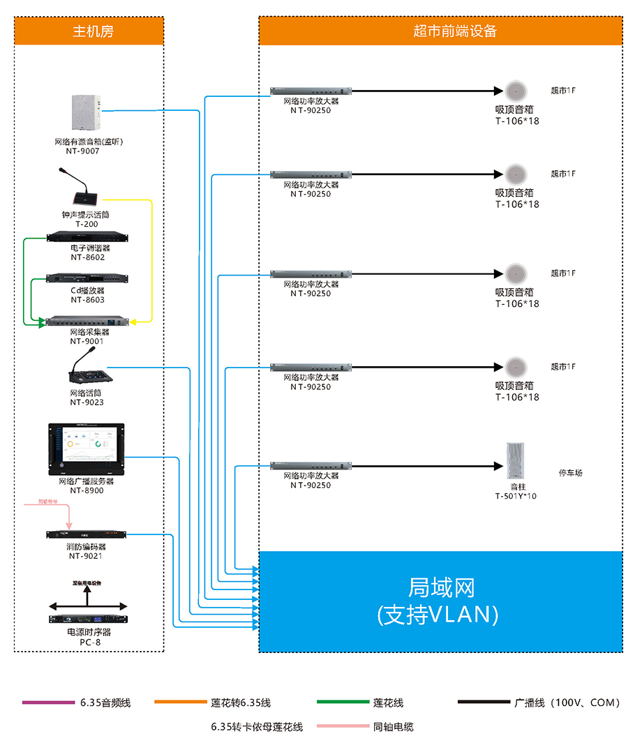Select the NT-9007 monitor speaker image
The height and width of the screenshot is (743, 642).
tap(87, 112)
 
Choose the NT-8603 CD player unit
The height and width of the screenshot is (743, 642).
tap(87, 279)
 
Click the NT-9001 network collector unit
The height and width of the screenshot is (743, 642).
tap(87, 322)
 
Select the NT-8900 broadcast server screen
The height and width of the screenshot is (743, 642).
tap(86, 447)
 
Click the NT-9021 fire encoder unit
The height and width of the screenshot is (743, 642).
tap(87, 535)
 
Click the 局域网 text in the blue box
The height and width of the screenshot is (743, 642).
tap(440, 587)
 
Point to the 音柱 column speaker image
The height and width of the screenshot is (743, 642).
tap(516, 460)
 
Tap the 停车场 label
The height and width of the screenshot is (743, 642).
tap(570, 473)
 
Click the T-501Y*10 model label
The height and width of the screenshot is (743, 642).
tap(516, 497)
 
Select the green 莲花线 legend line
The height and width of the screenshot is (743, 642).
tap(342, 702)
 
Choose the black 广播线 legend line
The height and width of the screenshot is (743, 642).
tap(484, 702)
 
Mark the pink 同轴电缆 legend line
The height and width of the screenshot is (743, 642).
tap(342, 726)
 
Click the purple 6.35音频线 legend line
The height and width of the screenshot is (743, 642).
tap(48, 702)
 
